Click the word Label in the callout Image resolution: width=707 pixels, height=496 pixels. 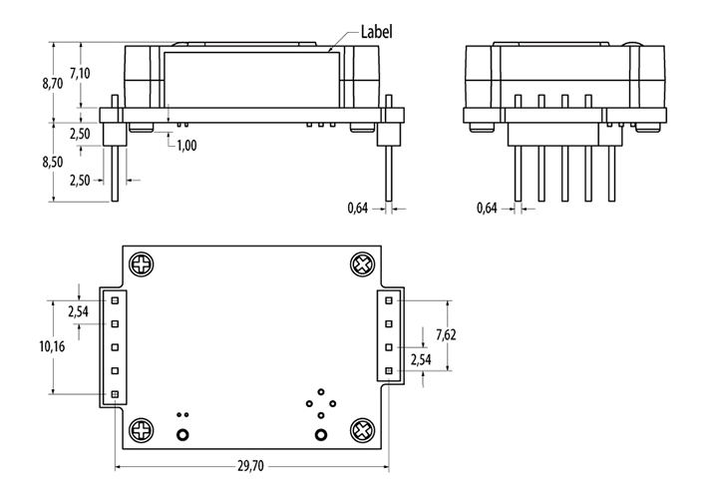coord(373,32)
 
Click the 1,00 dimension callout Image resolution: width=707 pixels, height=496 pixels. coord(185,146)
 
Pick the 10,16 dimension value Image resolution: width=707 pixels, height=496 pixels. coord(52,346)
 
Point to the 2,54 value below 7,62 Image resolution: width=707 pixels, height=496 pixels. coord(423,359)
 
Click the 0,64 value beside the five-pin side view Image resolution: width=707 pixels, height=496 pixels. coord(488,208)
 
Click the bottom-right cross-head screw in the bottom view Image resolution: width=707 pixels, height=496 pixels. coord(362,430)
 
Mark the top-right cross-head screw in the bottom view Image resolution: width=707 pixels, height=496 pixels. coord(362,265)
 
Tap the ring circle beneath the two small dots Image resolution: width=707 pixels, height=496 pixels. coord(182,435)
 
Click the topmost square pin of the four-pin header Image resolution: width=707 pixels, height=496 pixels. coord(389,299)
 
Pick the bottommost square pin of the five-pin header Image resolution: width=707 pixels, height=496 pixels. coord(115,395)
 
